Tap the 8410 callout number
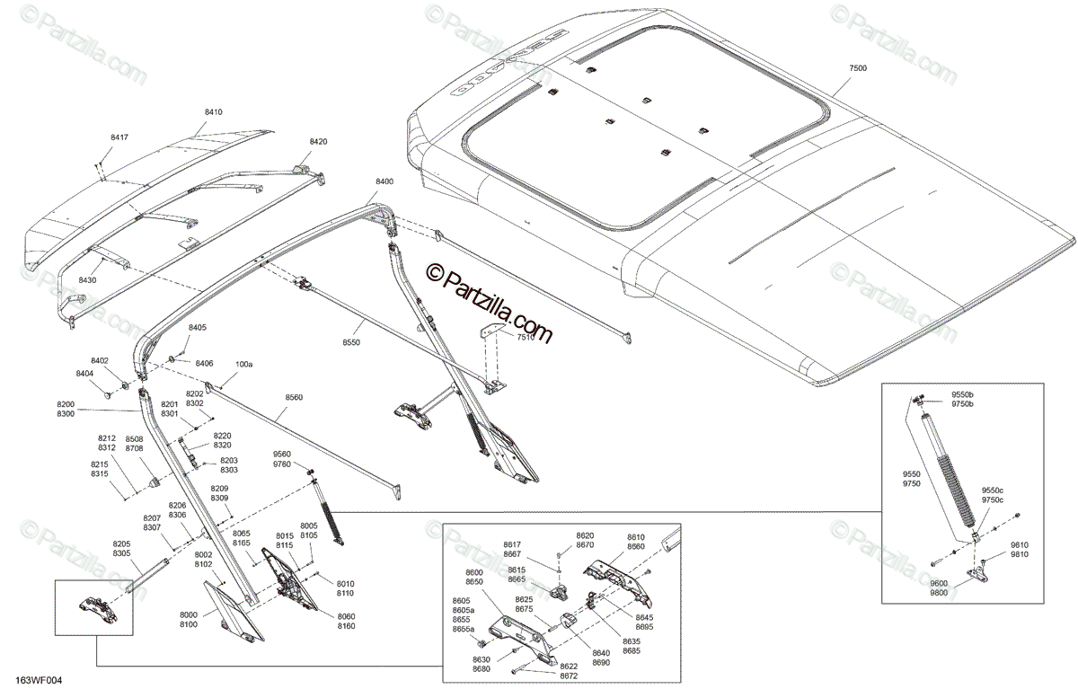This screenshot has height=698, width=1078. tap(213, 112)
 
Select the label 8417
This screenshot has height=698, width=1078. tap(119, 137)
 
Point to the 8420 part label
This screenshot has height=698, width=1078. tap(318, 142)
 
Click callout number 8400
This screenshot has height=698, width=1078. tap(384, 181)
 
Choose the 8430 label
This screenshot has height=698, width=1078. tap(87, 280)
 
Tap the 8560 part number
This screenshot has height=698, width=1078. tap(269, 397)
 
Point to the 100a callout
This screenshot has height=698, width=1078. tap(243, 365)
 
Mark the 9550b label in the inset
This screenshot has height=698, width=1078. tap(962, 395)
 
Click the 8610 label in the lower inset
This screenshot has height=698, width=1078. tap(635, 536)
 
